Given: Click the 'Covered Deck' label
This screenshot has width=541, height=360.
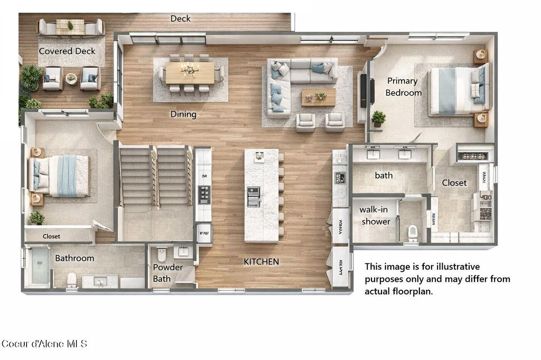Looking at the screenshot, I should tap(67, 51).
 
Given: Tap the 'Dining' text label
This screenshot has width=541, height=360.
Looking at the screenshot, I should tap(183, 114).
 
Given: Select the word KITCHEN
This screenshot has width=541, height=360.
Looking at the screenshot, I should tap(261, 262).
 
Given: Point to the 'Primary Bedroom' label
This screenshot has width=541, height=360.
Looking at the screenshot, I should tap(403, 87).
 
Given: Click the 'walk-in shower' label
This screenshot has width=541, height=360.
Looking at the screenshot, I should tap(376, 216).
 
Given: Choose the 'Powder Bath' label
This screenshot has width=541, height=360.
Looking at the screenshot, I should tap(167, 273).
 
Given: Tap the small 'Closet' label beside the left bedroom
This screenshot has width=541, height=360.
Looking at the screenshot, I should tap(51, 236).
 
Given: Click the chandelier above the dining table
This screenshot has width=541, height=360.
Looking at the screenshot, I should tap(189, 70).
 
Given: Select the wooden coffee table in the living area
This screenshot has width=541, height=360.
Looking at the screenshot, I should tap(319, 97).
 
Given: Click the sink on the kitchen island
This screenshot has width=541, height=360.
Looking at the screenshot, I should tap(254, 197).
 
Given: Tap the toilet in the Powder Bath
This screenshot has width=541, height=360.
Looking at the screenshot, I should tap(162, 255).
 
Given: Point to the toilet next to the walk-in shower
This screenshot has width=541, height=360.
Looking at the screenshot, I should tap(413, 233).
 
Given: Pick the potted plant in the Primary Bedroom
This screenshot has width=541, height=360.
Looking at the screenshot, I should tap(378, 117).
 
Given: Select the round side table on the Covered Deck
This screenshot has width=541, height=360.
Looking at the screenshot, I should tap(71, 79).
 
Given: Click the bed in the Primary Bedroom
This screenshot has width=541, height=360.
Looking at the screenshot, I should tap(458, 90).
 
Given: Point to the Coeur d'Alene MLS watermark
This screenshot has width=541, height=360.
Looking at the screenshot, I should tap(44, 344).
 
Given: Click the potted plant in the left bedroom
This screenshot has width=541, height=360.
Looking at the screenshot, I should tap(36, 217).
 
